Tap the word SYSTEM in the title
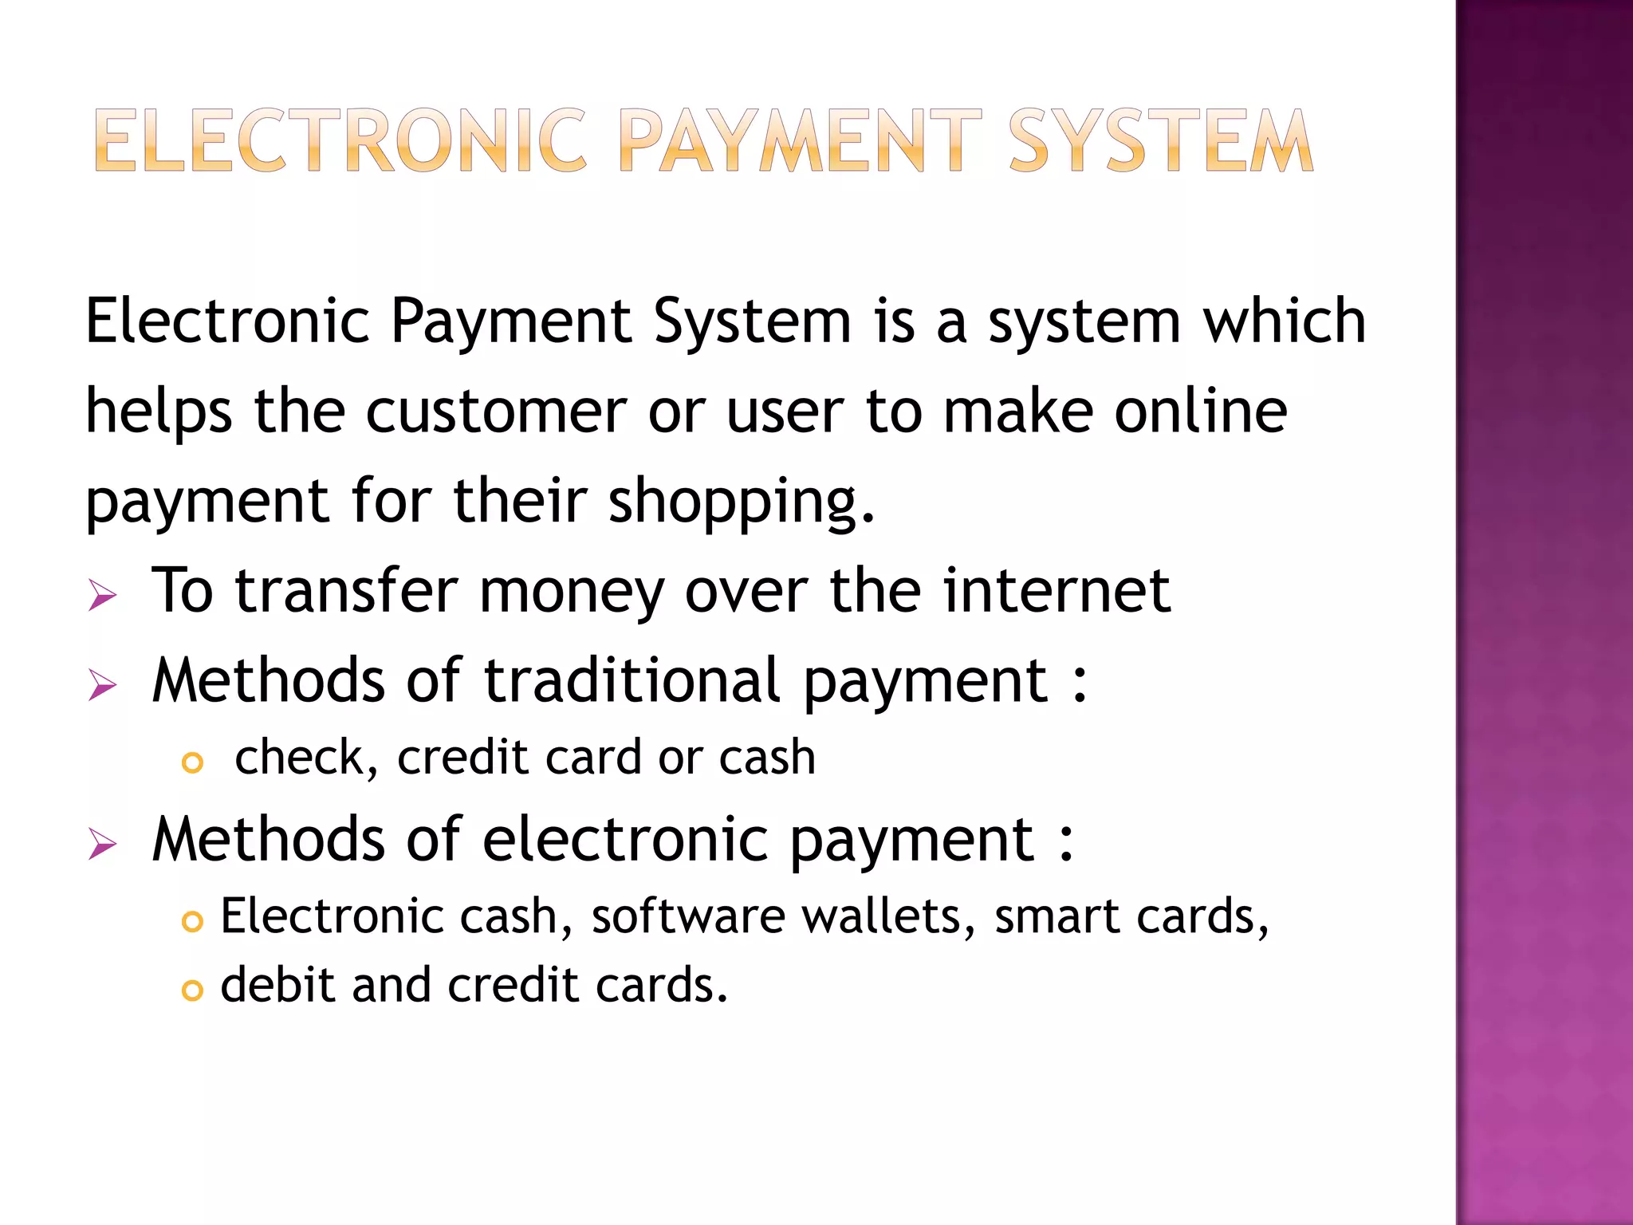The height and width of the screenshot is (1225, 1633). pos(1160,141)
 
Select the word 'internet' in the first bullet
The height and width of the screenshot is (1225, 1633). pos(1057,591)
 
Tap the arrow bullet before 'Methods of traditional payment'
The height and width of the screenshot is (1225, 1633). pos(103,685)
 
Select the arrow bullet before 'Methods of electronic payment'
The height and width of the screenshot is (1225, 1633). pos(103,844)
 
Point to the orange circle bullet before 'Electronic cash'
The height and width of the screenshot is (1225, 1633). pos(192,922)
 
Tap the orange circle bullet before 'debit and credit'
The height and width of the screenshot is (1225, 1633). pos(192,991)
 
